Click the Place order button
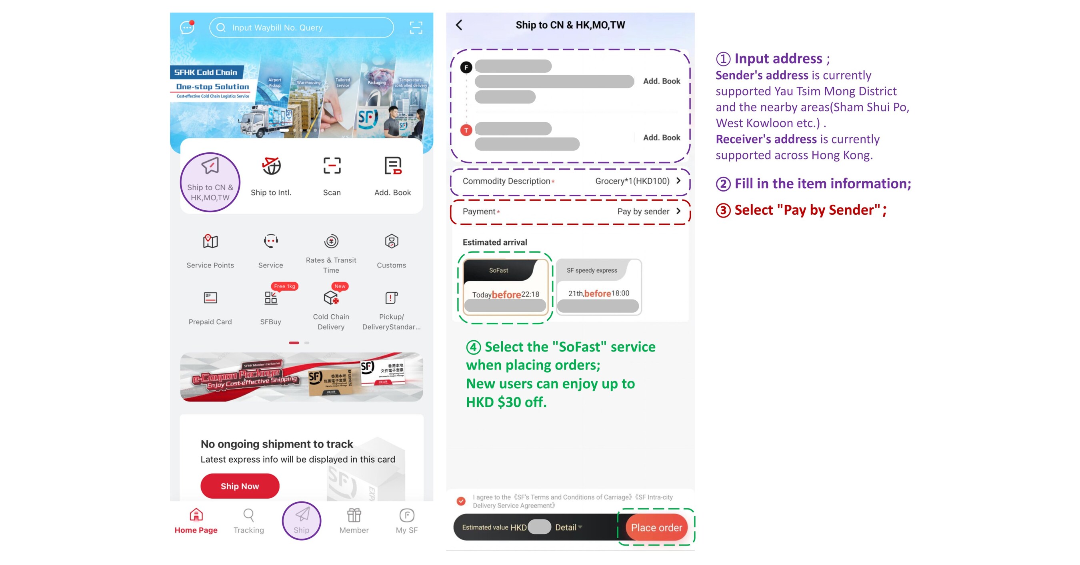click(x=656, y=527)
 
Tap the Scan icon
click(x=332, y=166)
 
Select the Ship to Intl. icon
click(x=271, y=166)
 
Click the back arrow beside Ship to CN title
click(x=459, y=25)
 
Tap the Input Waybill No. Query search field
click(x=302, y=28)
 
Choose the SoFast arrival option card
click(x=505, y=287)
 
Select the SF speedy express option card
click(x=598, y=287)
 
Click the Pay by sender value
click(x=643, y=212)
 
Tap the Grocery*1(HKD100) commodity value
click(x=632, y=181)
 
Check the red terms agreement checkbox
click(x=461, y=501)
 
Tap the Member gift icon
click(x=354, y=515)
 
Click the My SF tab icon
click(x=407, y=515)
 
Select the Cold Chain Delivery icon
click(x=331, y=298)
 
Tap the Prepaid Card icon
click(x=210, y=298)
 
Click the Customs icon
click(x=391, y=242)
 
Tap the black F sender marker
click(x=466, y=68)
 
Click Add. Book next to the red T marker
click(x=661, y=138)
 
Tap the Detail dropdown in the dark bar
click(x=568, y=527)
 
